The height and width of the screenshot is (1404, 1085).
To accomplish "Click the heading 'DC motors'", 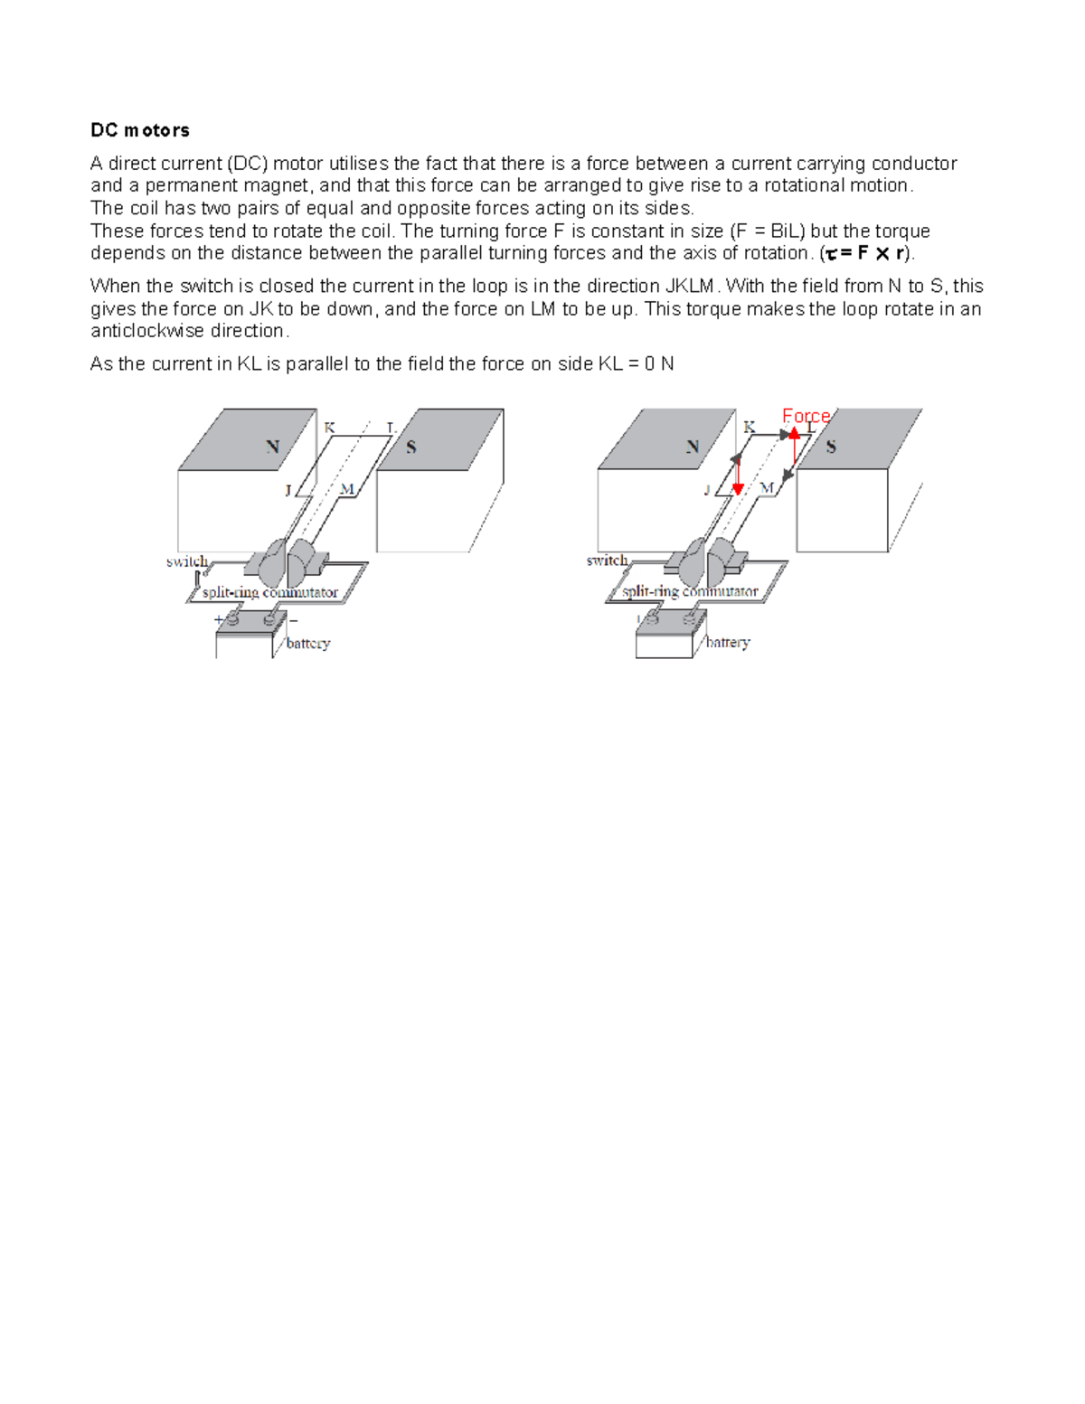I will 139,130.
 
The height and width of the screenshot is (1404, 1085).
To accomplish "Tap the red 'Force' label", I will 806,416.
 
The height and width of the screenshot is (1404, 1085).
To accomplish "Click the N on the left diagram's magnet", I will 272,447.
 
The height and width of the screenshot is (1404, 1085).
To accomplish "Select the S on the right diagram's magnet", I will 831,447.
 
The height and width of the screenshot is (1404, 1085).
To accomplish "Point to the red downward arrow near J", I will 738,474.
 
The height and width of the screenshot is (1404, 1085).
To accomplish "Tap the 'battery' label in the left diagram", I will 307,644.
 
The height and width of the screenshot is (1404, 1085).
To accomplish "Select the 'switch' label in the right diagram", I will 607,561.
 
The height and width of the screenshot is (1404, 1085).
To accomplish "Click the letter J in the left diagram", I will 288,490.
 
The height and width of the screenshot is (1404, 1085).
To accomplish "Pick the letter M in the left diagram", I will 346,489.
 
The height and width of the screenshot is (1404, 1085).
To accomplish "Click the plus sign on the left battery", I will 218,620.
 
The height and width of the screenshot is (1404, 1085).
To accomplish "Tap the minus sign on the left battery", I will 293,621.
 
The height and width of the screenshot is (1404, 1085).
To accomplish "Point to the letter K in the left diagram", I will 329,427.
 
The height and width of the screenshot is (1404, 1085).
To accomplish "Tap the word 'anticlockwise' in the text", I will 146,331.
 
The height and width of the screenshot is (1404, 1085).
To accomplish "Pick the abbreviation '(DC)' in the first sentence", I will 247,164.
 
